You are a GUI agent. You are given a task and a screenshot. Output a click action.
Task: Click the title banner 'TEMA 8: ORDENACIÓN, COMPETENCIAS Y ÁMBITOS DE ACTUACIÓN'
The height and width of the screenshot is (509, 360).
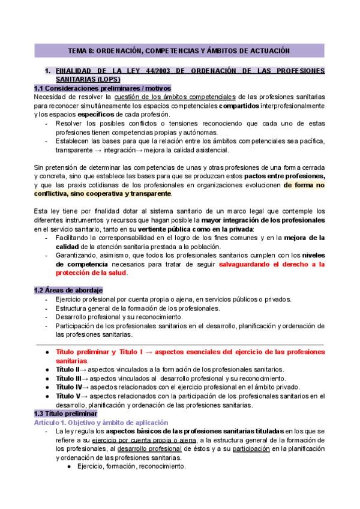(179, 51)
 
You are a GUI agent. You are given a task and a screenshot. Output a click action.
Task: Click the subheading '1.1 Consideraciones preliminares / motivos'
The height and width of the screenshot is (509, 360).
(103, 88)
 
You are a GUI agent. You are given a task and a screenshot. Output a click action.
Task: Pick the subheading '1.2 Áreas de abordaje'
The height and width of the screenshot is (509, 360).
(68, 291)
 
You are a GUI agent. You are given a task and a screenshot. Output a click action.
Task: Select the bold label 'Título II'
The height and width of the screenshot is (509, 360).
(67, 369)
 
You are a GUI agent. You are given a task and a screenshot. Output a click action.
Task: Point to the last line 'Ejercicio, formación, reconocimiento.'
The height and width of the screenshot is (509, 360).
(131, 466)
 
